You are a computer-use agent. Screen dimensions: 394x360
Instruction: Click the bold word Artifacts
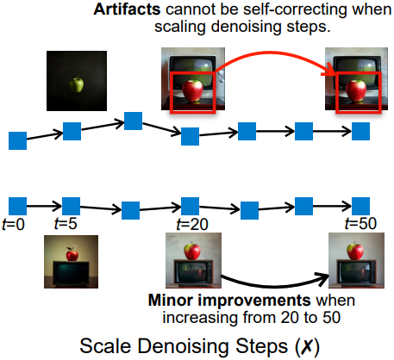[x=127, y=9]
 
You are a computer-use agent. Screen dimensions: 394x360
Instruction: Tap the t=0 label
[x=13, y=224]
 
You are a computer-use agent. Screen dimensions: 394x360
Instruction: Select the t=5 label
[x=66, y=223]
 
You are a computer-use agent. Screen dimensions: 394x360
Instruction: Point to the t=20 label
[x=192, y=224]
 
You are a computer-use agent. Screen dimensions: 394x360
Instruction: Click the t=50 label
[x=360, y=223]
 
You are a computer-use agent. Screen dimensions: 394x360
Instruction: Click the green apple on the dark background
[x=77, y=84]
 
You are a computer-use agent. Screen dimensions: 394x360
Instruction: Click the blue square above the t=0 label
[x=17, y=206]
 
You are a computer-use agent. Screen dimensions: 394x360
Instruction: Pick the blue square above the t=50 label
[x=360, y=206]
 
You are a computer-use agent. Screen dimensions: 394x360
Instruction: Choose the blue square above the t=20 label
[x=190, y=206]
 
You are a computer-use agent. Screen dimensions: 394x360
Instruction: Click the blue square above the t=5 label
[x=71, y=206]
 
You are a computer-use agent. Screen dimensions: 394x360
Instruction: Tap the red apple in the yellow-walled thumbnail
[x=72, y=254]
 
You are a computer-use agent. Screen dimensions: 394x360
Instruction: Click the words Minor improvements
[x=229, y=301]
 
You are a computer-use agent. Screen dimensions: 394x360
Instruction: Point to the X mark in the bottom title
[x=308, y=346]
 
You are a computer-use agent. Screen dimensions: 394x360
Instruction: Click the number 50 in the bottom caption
[x=331, y=318]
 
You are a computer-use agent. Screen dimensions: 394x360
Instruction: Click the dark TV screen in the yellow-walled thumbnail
[x=71, y=273]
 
